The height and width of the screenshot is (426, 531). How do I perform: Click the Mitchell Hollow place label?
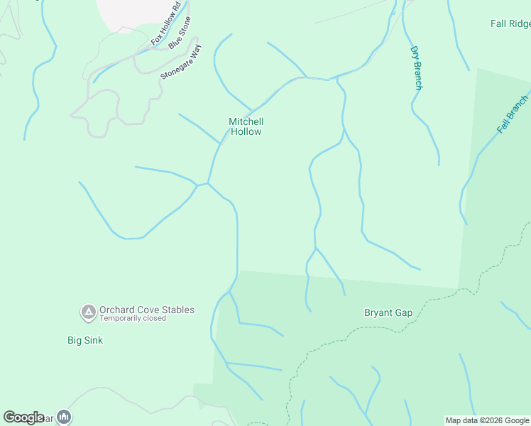click(x=246, y=126)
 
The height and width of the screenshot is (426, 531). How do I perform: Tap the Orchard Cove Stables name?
click(x=146, y=310)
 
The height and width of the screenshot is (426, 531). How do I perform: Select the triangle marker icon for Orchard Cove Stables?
click(x=88, y=311)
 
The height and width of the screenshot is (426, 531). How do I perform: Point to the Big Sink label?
click(x=85, y=340)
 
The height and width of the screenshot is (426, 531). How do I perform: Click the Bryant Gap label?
click(x=388, y=312)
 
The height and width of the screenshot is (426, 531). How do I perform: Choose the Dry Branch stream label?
click(x=417, y=68)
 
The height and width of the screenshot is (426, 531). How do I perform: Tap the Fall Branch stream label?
click(x=513, y=114)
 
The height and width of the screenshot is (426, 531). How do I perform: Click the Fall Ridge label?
click(x=510, y=23)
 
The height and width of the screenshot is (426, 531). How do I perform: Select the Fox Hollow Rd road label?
click(x=166, y=24)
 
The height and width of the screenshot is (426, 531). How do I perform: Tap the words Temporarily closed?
click(x=133, y=319)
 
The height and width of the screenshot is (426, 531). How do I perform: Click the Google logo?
click(x=23, y=417)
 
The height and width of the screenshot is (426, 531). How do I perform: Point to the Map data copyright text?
click(x=488, y=420)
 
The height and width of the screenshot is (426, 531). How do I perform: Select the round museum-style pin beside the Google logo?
click(x=64, y=417)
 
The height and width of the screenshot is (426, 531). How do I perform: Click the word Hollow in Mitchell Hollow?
click(x=246, y=131)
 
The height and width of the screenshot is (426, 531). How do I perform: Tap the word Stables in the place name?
click(x=177, y=310)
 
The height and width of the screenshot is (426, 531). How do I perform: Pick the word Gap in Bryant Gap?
click(x=403, y=312)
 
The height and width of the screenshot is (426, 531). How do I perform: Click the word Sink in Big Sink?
click(x=94, y=340)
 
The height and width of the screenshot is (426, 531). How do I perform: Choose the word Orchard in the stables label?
click(x=116, y=310)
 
